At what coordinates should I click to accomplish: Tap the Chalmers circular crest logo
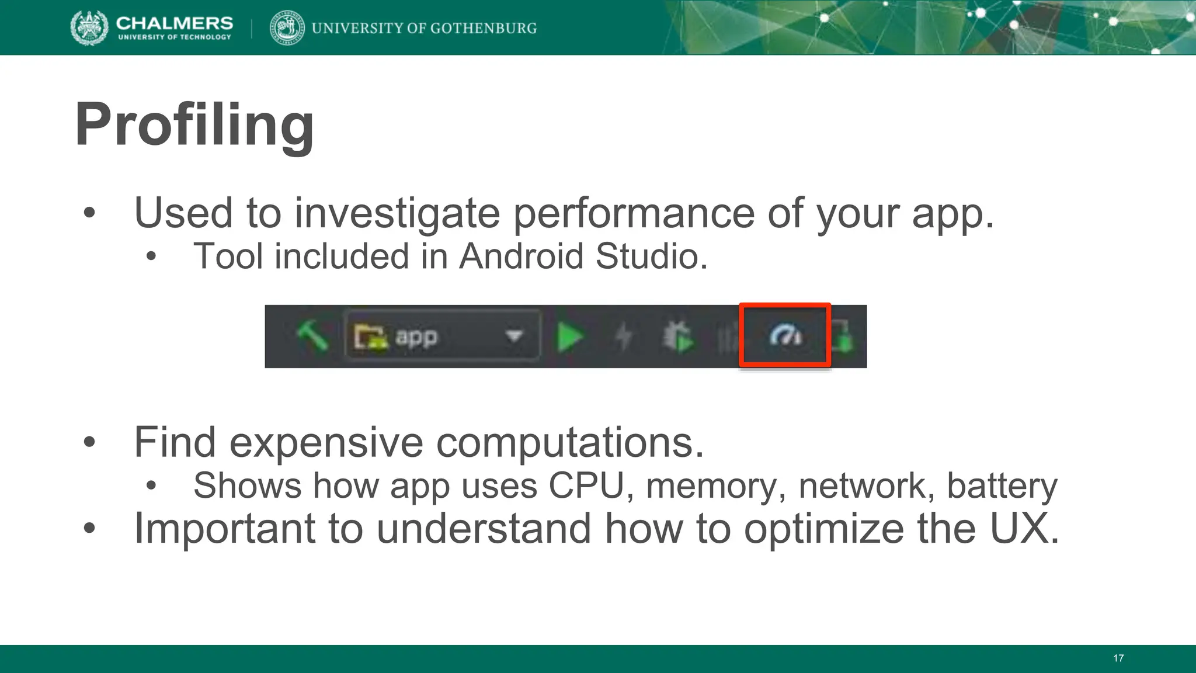(89, 27)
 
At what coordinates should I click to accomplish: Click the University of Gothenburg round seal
(287, 27)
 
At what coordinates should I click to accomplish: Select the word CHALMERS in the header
(175, 23)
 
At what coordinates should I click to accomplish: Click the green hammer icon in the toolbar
(312, 336)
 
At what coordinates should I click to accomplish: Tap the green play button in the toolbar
(570, 337)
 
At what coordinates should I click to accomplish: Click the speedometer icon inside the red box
(785, 336)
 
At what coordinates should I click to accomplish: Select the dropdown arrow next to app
(514, 336)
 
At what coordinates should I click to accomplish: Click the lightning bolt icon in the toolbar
(624, 337)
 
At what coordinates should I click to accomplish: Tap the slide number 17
(1118, 658)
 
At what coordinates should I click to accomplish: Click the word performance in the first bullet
(634, 213)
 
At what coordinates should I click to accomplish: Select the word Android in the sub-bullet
(521, 256)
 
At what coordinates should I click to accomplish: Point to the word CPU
(586, 485)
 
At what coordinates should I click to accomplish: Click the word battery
(1002, 485)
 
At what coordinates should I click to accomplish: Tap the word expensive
(326, 442)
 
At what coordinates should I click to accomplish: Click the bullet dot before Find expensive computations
(89, 442)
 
